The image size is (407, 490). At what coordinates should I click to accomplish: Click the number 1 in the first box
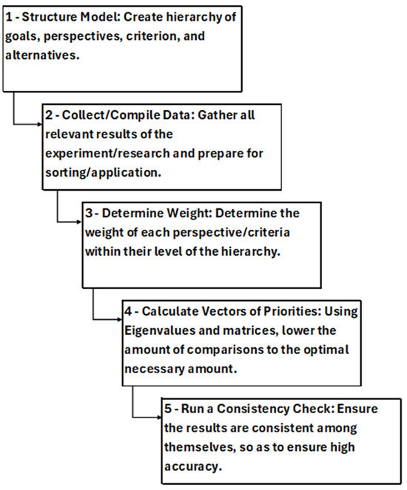click(10, 15)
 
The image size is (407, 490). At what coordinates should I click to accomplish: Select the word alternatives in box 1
click(40, 53)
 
